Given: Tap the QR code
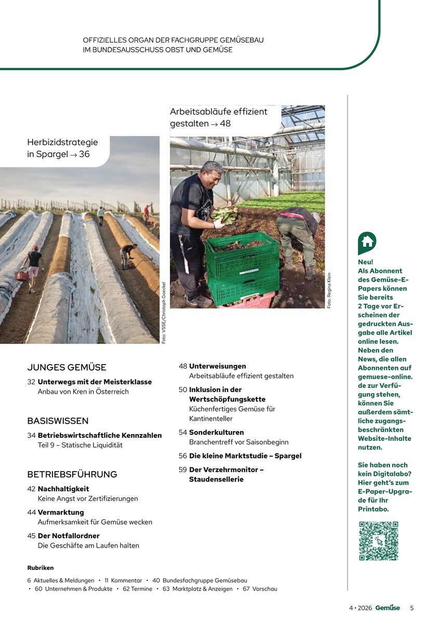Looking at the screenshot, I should (x=378, y=541).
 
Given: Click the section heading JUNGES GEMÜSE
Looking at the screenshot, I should (x=66, y=367).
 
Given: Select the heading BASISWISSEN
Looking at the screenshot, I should (x=58, y=421).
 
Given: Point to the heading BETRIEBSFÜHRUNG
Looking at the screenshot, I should (x=72, y=474).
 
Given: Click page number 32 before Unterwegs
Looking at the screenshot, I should (x=31, y=382).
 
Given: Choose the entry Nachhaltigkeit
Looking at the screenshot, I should (x=63, y=489).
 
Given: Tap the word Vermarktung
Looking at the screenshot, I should (x=61, y=512).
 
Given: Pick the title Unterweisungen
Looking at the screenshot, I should (x=217, y=366).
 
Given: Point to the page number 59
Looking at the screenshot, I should (x=183, y=470).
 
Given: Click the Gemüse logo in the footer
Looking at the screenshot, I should (x=387, y=607).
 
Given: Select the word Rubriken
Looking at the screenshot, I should (x=41, y=568).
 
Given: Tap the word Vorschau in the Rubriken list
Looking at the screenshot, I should (x=264, y=589).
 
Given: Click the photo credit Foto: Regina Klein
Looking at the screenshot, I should (x=329, y=290).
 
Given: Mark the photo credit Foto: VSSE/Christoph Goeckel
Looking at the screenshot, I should (x=163, y=313).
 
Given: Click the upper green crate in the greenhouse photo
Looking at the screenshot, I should (x=242, y=255).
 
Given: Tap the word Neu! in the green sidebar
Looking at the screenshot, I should (x=366, y=262).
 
